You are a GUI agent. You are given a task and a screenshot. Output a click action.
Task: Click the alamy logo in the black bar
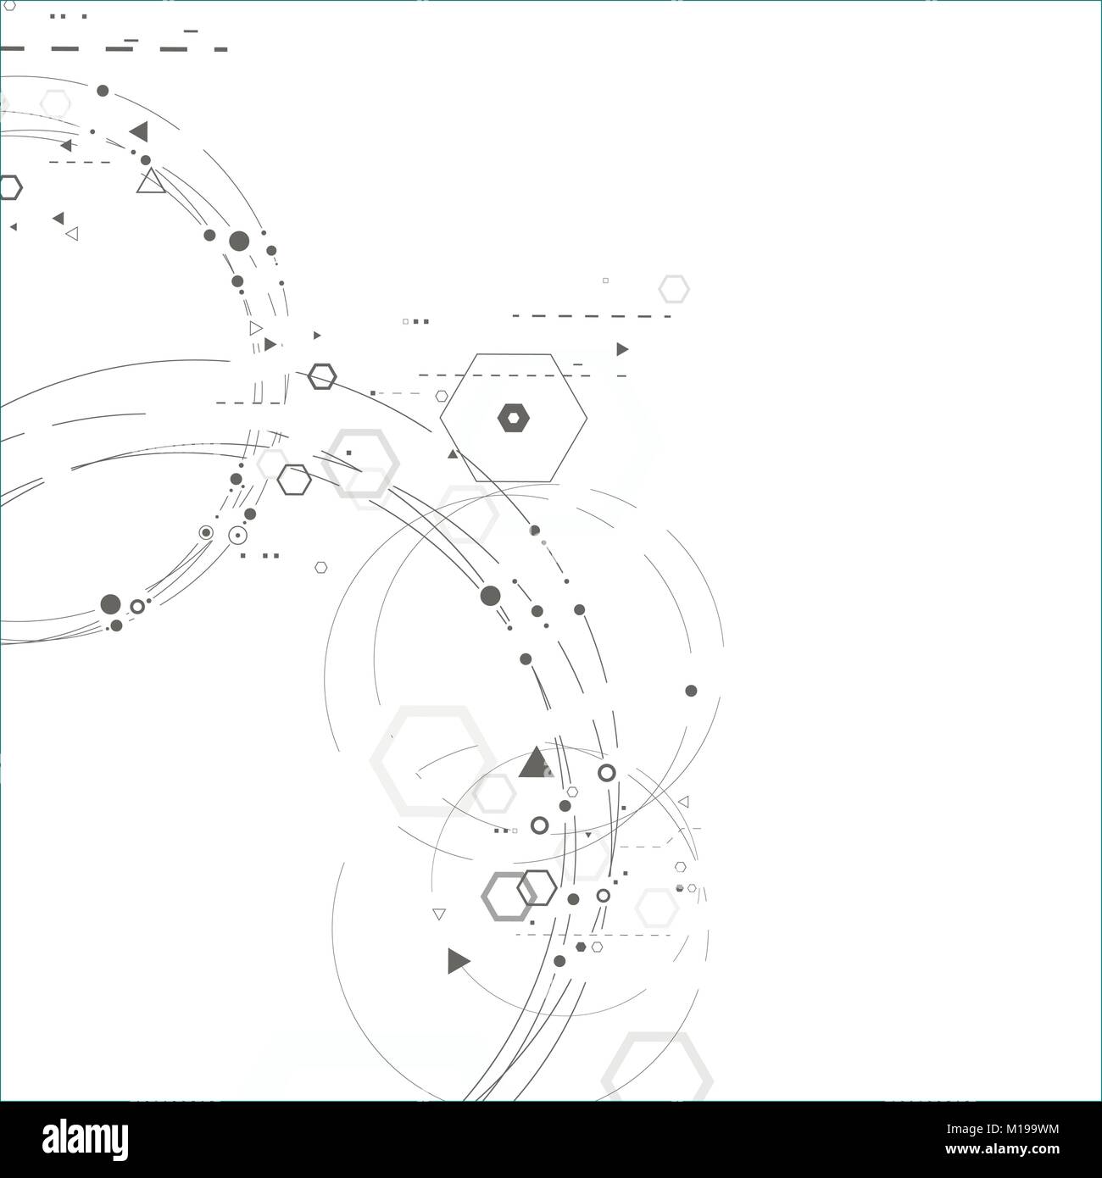pos(85,1139)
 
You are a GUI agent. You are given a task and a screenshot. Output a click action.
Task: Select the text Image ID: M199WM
pos(1002,1129)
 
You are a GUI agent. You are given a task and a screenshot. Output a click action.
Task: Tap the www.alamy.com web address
pos(1002,1149)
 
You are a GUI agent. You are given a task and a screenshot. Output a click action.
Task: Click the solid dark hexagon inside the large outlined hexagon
pos(514,418)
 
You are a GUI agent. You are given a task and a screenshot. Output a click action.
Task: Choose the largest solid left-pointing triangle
pos(140,131)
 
